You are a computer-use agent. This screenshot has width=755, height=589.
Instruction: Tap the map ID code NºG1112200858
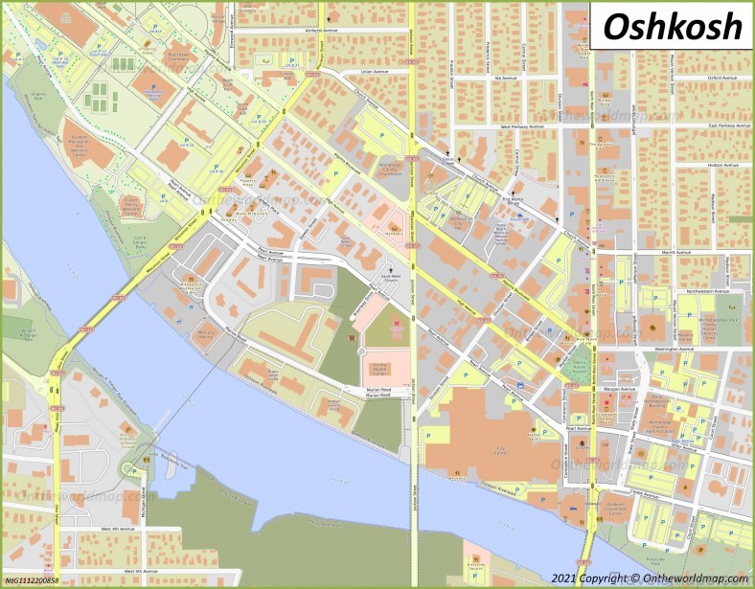[32, 580]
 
